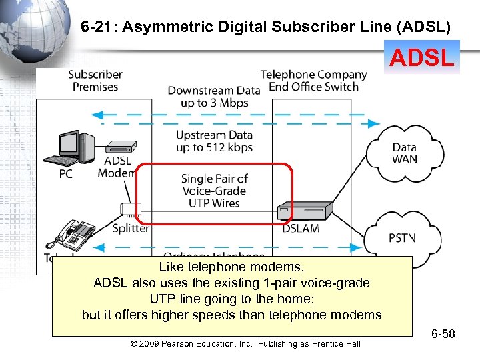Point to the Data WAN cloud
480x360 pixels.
pyautogui.click(x=404, y=153)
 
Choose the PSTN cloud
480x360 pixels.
pyautogui.click(x=404, y=237)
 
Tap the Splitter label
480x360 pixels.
pyautogui.click(x=131, y=228)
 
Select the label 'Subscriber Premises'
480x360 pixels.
pyautogui.click(x=96, y=81)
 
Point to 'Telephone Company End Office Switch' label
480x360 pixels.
pyautogui.click(x=313, y=81)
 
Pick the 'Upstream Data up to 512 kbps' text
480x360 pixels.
pyautogui.click(x=213, y=141)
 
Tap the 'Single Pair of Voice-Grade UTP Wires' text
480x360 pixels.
pyautogui.click(x=214, y=191)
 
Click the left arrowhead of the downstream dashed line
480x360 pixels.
pyautogui.click(x=97, y=114)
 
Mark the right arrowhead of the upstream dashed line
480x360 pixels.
pyautogui.click(x=374, y=123)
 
